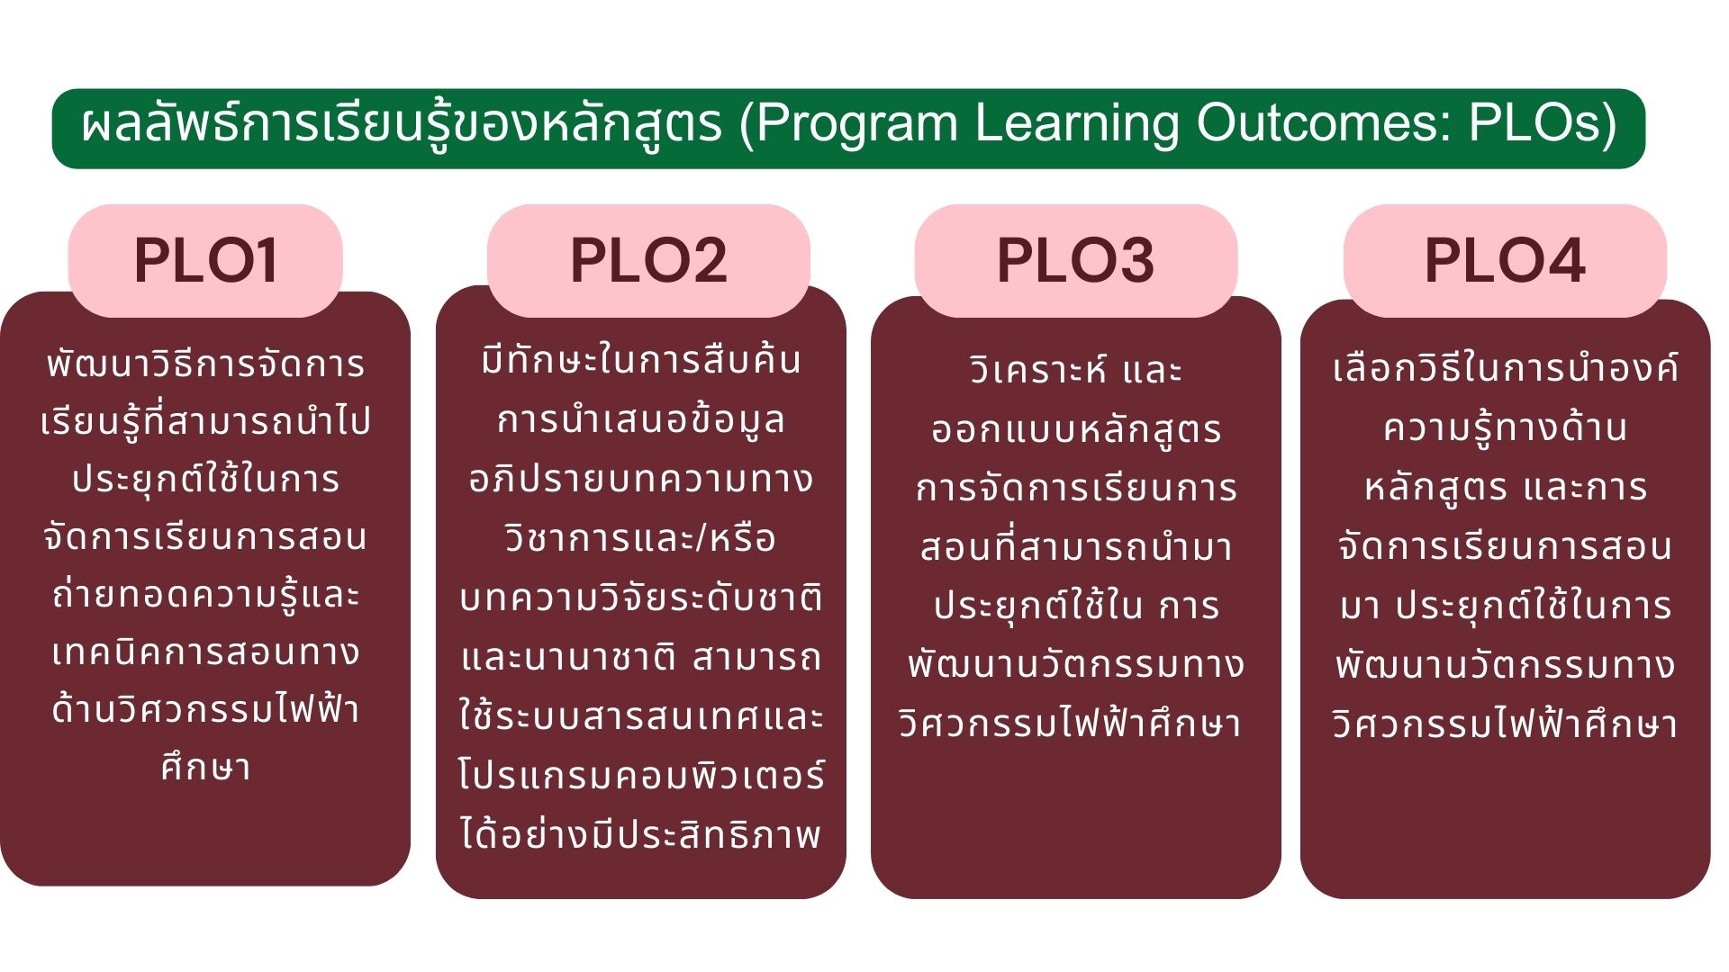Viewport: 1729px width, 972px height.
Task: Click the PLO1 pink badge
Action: pos(205,261)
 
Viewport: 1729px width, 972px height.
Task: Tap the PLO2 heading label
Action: pos(648,261)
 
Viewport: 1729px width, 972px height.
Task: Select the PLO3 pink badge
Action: pos(1076,261)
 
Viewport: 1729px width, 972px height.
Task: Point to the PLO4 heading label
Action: pos(1505,261)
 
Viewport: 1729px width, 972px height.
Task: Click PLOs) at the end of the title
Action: pos(1543,124)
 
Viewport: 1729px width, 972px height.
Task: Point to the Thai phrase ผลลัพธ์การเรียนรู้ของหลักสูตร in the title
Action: pos(402,124)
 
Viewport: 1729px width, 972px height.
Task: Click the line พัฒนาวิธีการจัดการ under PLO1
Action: pos(205,364)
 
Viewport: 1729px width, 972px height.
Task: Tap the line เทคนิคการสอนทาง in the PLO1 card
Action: pos(205,652)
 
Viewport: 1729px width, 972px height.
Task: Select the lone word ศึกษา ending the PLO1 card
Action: pos(205,767)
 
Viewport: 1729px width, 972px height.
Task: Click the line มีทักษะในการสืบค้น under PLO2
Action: pos(640,360)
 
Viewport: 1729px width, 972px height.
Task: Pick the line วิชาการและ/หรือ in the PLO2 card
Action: pos(640,538)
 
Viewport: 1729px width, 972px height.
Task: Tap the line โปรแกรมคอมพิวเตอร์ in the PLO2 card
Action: pos(640,776)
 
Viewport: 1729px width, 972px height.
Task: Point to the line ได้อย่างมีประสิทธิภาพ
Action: pos(640,833)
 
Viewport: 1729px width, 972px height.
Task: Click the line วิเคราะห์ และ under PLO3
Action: pos(1076,370)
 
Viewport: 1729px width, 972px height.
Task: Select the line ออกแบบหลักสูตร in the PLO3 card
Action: pos(1076,430)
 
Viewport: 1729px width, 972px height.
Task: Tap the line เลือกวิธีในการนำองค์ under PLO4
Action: pos(1505,368)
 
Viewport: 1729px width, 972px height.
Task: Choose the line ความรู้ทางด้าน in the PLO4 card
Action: pos(1505,427)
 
